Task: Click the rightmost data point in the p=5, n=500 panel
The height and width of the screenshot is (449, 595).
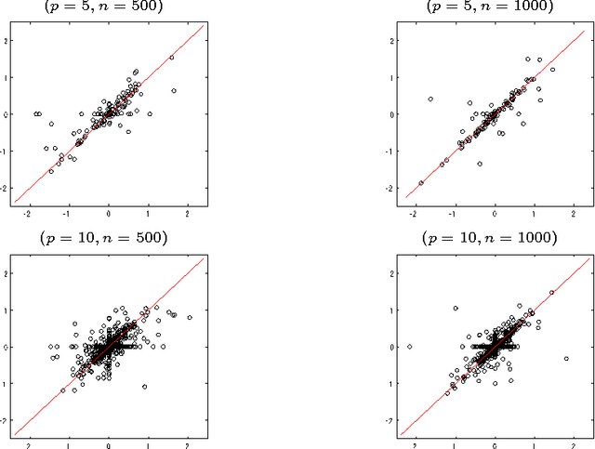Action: click(175, 90)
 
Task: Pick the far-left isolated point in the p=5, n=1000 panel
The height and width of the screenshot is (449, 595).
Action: click(430, 99)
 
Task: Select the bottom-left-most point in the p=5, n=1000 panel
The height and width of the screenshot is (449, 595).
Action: click(421, 183)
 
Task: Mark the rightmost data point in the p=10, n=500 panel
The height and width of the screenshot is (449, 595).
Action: click(190, 318)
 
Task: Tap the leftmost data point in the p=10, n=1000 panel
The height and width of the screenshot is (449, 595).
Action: click(410, 346)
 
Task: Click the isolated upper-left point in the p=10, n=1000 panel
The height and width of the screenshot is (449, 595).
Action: click(456, 308)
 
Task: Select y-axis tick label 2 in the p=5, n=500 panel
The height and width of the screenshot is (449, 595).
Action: click(7, 41)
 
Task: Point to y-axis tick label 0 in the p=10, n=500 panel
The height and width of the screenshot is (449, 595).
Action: click(7, 347)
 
